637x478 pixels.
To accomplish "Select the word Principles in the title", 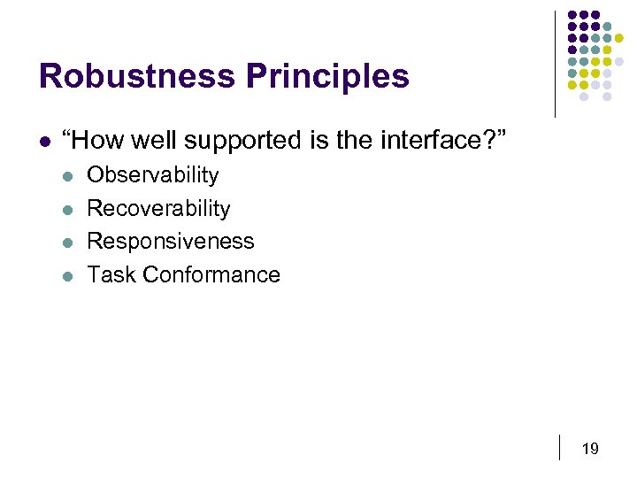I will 327,76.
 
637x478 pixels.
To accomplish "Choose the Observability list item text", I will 153,175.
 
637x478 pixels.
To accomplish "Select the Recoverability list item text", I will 158,209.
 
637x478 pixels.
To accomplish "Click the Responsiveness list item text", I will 171,242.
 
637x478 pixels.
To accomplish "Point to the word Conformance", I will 211,274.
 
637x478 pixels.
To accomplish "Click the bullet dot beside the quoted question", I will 43,140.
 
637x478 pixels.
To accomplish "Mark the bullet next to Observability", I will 68,176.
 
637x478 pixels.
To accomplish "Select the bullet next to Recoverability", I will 68,210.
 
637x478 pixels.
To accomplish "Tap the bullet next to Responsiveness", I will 68,243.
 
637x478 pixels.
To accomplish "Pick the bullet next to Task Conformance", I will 68,275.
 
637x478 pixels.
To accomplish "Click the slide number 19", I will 590,449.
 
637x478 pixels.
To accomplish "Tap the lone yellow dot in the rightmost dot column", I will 619,38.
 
